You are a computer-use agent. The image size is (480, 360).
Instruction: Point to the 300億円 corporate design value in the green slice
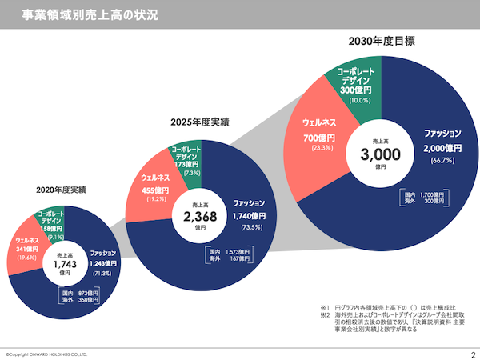click(354, 90)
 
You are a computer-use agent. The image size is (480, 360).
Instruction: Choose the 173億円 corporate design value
click(190, 163)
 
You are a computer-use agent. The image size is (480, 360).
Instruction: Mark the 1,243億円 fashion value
click(103, 262)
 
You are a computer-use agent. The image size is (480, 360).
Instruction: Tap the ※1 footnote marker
click(324, 308)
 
